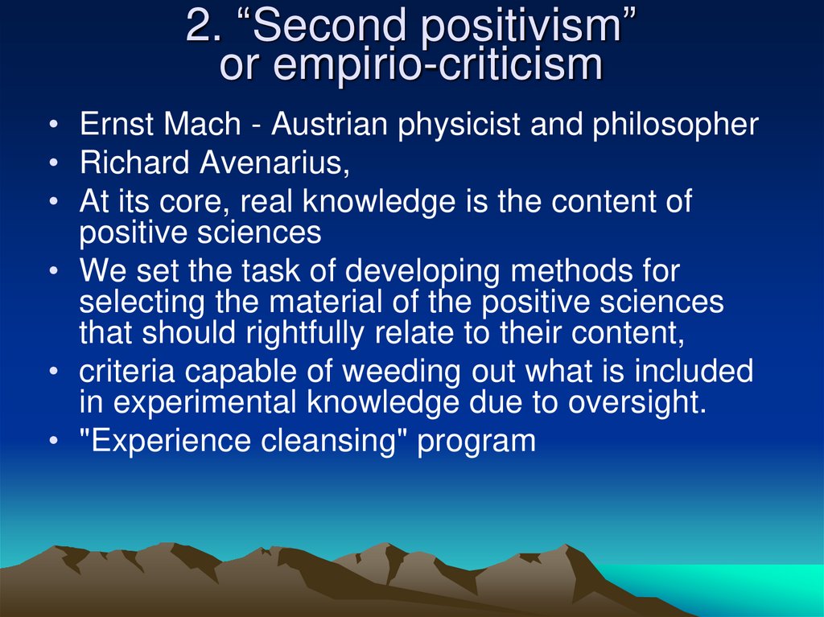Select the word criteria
point(127,372)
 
